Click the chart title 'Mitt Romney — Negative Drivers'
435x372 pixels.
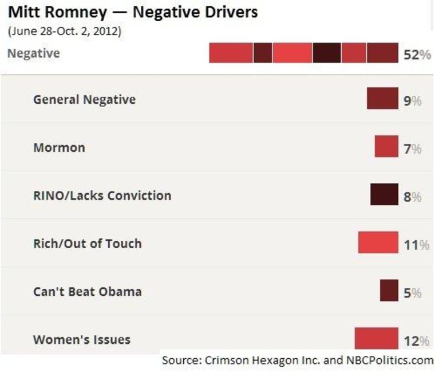pos(132,12)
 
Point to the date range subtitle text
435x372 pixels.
pos(64,32)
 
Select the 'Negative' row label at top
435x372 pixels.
pos(33,54)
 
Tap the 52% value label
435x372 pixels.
pos(416,54)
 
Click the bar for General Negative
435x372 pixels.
pos(382,99)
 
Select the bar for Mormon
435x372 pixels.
pos(386,147)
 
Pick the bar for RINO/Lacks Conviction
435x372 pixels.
pos(384,195)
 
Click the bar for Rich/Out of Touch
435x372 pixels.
pos(378,243)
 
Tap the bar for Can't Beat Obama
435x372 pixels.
pos(389,291)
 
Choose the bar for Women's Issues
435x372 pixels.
pos(376,338)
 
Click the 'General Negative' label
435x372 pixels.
pos(84,99)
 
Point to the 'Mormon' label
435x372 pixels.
pos(59,147)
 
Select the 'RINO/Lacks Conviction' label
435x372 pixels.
pos(102,195)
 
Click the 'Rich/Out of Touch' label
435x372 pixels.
pos(87,244)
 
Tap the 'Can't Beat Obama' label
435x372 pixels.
pos(87,292)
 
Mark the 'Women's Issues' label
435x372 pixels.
pos(81,339)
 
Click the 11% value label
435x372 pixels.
pos(417,245)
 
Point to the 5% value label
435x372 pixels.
pos(413,293)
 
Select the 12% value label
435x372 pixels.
pos(417,342)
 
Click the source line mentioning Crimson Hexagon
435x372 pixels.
pos(297,361)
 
